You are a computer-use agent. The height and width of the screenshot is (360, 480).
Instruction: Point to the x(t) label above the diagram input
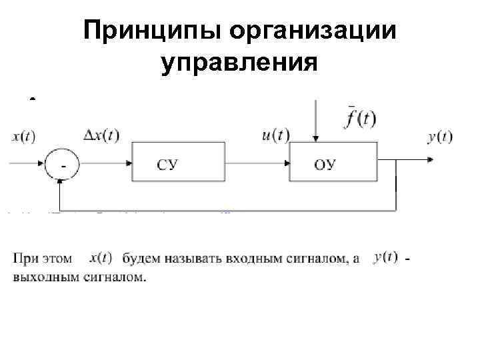(x=24, y=137)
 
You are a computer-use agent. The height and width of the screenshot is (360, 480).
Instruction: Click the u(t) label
(x=275, y=135)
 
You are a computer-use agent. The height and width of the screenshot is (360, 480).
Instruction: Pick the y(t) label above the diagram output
(x=439, y=137)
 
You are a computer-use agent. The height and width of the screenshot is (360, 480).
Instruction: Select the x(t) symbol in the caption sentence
(x=100, y=257)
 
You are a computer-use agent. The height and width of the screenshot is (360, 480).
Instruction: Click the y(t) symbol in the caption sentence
(x=387, y=257)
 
